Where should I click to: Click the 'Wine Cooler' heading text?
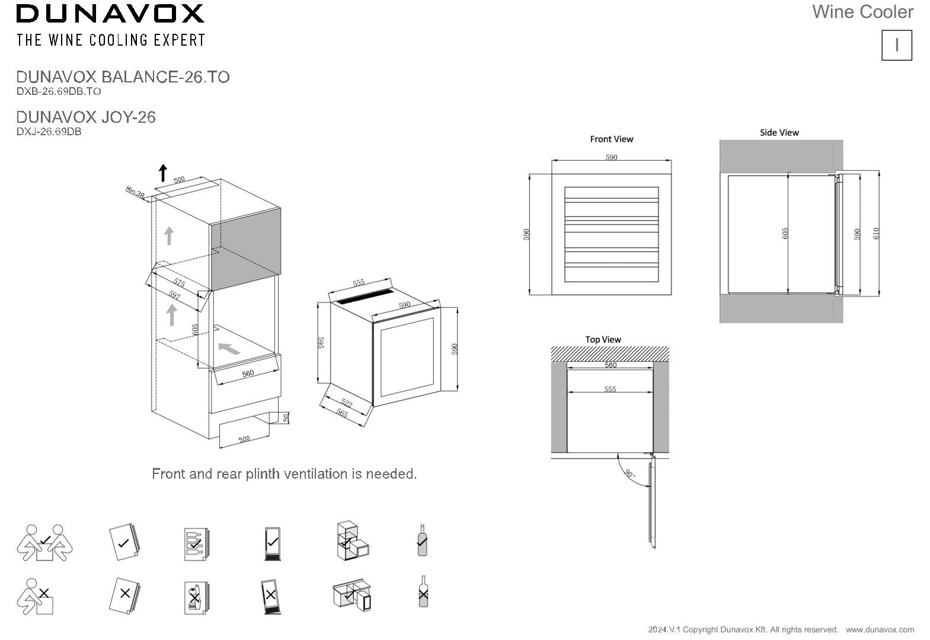(x=862, y=12)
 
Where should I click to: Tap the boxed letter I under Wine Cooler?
(x=896, y=45)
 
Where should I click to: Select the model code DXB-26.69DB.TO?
(x=59, y=91)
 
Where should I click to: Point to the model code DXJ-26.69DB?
(x=49, y=132)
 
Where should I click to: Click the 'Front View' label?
(x=611, y=139)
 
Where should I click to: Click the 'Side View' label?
(x=779, y=133)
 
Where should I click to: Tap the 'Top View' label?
(x=603, y=340)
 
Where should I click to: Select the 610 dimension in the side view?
(x=876, y=234)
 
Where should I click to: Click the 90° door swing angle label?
(x=629, y=475)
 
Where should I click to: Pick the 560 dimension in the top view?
(x=611, y=365)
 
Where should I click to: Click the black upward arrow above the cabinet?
(x=163, y=173)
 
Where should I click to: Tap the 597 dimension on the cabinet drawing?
(x=174, y=294)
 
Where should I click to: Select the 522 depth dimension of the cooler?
(x=347, y=404)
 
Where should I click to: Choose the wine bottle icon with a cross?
(x=423, y=591)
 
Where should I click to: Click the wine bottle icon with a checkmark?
(x=422, y=540)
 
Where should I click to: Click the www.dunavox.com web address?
(x=880, y=629)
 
